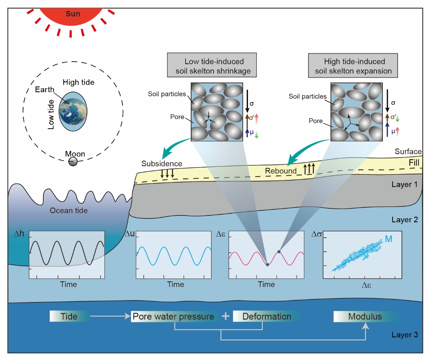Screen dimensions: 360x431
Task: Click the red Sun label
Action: click(73, 14)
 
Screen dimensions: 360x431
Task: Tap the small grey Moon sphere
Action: click(73, 161)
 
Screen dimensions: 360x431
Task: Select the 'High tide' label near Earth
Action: click(78, 82)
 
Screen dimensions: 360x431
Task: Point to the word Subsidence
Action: click(162, 163)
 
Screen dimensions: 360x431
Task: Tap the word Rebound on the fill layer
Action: click(281, 171)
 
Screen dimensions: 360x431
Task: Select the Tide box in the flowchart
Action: click(69, 316)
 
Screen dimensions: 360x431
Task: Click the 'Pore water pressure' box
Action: click(173, 317)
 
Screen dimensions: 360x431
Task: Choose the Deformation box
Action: click(266, 317)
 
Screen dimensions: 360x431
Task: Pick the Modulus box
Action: click(365, 317)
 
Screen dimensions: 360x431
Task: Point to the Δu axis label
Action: click(130, 234)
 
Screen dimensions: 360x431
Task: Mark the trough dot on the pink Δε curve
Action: click(267, 264)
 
